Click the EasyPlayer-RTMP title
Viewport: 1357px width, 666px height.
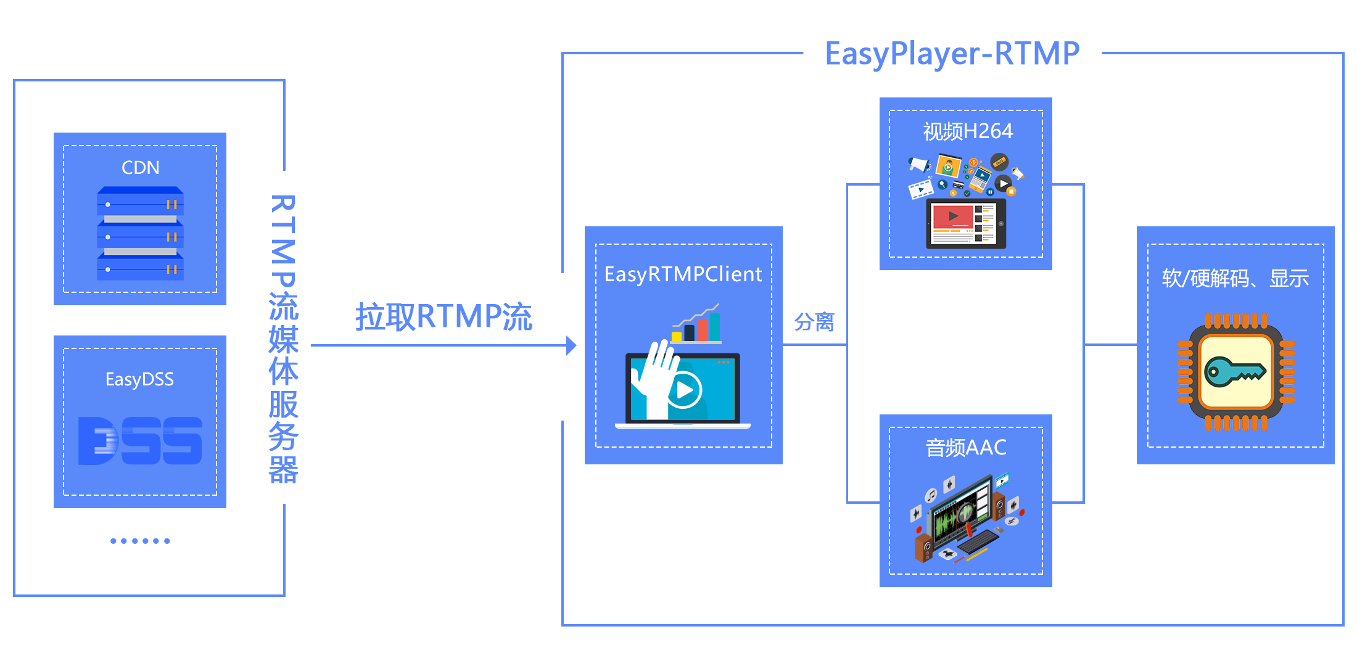pyautogui.click(x=952, y=54)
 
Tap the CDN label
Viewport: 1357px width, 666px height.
pyautogui.click(x=140, y=168)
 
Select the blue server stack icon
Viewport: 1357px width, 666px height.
pyautogui.click(x=140, y=234)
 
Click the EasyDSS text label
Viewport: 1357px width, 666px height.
pyautogui.click(x=139, y=379)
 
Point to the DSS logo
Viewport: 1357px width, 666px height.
pyautogui.click(x=140, y=440)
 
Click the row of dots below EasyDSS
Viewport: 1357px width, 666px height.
pyautogui.click(x=140, y=541)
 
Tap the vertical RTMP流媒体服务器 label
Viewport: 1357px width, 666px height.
pyautogui.click(x=283, y=339)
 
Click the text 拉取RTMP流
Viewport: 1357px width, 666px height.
pyautogui.click(x=443, y=317)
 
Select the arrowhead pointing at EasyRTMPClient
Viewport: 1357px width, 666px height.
pyautogui.click(x=571, y=345)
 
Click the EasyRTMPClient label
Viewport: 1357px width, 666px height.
pyautogui.click(x=683, y=274)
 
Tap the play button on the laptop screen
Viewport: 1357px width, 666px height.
pyautogui.click(x=685, y=390)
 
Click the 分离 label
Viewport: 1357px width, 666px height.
pyautogui.click(x=814, y=322)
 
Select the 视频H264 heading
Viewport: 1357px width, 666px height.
pyautogui.click(x=967, y=131)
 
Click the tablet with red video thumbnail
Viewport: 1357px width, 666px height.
pyautogui.click(x=966, y=223)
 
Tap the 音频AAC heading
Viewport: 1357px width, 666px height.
pyautogui.click(x=966, y=448)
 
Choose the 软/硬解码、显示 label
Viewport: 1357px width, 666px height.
pyautogui.click(x=1235, y=279)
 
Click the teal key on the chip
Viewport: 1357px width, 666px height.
pyautogui.click(x=1235, y=372)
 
